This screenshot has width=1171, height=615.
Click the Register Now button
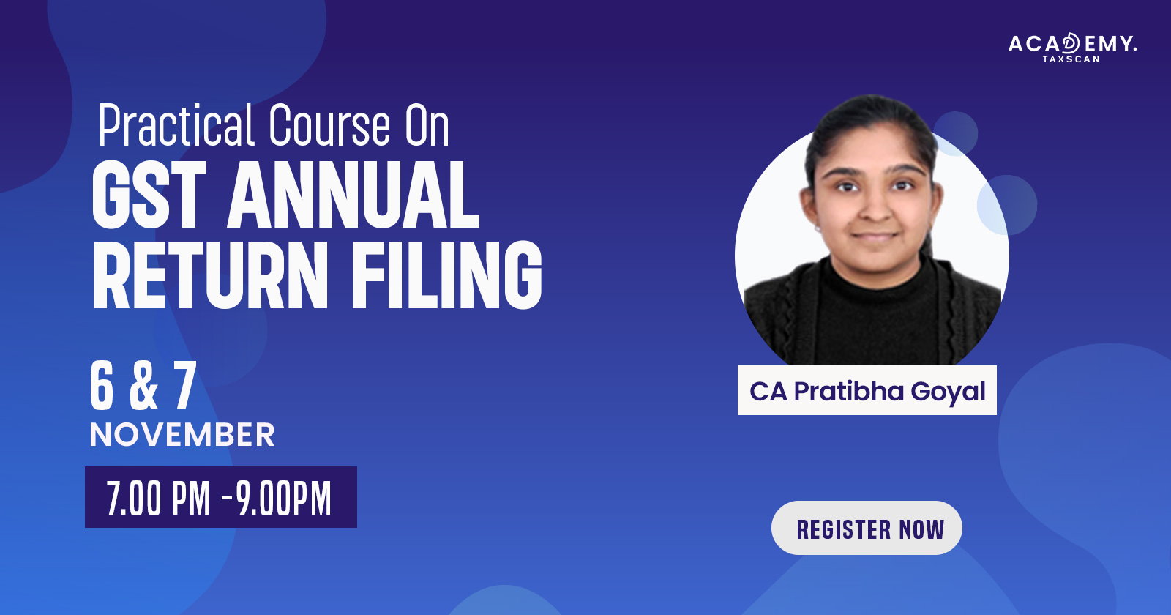pyautogui.click(x=867, y=528)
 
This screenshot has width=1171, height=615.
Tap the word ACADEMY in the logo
pyautogui.click(x=1071, y=43)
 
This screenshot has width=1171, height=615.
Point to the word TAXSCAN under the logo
pyautogui.click(x=1071, y=59)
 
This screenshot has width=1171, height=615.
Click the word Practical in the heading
pyautogui.click(x=176, y=125)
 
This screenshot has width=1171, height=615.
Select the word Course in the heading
pyautogui.click(x=329, y=125)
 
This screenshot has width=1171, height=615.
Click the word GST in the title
pyautogui.click(x=149, y=195)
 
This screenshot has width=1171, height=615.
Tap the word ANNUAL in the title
pyautogui.click(x=353, y=195)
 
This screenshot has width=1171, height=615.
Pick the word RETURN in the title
pyautogui.click(x=210, y=275)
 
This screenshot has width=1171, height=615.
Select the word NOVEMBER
pyautogui.click(x=182, y=435)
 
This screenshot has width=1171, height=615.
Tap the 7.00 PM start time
pyautogui.click(x=158, y=498)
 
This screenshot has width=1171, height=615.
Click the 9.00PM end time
pyautogui.click(x=283, y=498)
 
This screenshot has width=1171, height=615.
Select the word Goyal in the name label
pyautogui.click(x=949, y=392)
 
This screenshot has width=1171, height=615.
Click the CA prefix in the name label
pyautogui.click(x=768, y=392)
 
